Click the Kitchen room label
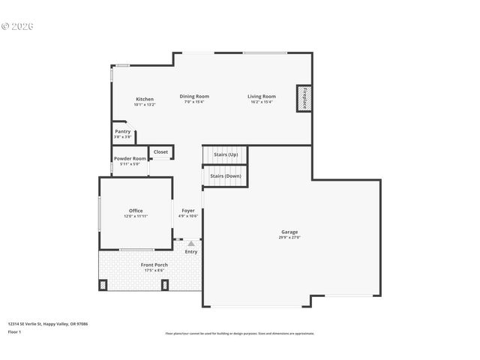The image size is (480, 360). click(x=145, y=99)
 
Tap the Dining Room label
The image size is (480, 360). click(x=193, y=96)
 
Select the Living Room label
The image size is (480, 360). click(x=262, y=96)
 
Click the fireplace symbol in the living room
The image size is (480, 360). click(x=304, y=98)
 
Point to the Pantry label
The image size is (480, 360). click(x=122, y=131)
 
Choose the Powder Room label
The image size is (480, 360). click(x=130, y=158)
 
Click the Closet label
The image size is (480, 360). click(x=160, y=152)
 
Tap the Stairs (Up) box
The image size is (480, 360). click(x=225, y=154)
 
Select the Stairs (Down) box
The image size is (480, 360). click(x=225, y=175)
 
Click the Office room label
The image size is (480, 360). click(x=136, y=211)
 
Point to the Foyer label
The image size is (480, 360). click(x=187, y=211)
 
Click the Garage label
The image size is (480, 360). click(x=289, y=232)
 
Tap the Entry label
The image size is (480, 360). click(x=191, y=251)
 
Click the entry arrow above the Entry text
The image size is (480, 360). click(x=191, y=243)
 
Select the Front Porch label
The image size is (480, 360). click(x=154, y=265)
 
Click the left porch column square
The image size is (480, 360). click(x=103, y=285)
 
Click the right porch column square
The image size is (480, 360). click(x=165, y=285)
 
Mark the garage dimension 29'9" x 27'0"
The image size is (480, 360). click(x=289, y=237)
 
